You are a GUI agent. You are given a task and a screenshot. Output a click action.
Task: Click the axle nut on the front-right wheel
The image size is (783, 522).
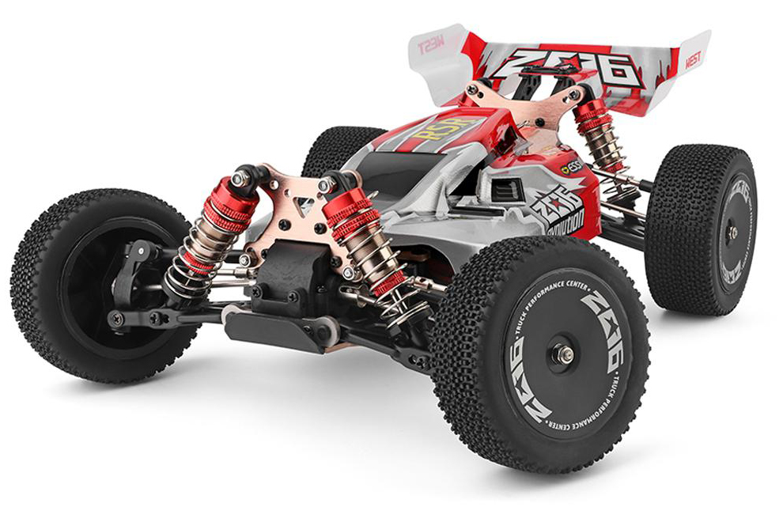[563, 354]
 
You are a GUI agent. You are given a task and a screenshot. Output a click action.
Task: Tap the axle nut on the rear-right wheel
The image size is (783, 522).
[732, 233]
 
